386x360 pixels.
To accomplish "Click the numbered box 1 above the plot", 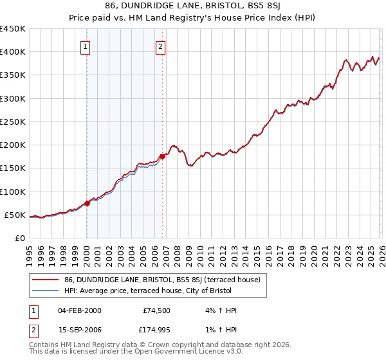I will [86, 46].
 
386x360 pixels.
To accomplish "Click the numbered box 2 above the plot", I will [160, 46].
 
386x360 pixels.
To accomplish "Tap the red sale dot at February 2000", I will [87, 203].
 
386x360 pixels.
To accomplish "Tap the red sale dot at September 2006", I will [162, 156].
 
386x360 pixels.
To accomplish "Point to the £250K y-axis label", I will [13, 122].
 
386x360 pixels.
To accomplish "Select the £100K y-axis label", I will [13, 192].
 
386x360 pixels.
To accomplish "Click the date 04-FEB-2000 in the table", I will [79, 310].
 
